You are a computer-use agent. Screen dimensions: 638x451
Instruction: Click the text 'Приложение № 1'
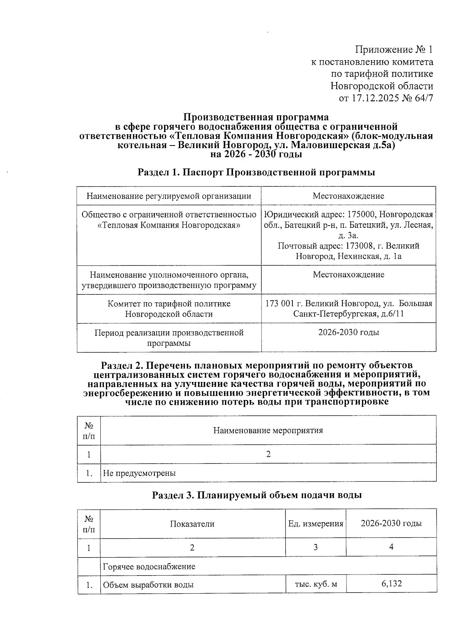394,50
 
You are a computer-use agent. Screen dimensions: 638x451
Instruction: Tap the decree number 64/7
424,99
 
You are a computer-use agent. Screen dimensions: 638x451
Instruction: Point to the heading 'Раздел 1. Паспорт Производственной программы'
256,173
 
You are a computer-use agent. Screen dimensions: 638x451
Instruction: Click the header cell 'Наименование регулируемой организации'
169,196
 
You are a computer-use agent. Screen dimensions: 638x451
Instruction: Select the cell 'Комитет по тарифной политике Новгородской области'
169,309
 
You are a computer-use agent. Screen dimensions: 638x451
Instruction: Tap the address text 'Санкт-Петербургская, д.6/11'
349,314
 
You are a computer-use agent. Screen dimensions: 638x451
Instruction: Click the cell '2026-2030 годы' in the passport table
348,332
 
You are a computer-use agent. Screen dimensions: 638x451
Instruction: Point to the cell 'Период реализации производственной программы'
169,338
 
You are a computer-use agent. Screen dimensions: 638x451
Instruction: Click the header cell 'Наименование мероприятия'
268,430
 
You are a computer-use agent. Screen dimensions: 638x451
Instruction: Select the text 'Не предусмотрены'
139,473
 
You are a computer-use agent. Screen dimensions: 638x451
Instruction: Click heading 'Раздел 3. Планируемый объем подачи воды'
257,495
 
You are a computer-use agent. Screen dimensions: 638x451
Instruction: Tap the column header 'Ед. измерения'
316,524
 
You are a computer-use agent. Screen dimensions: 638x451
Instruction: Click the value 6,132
391,583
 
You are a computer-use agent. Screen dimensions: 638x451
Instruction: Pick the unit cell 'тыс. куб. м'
316,584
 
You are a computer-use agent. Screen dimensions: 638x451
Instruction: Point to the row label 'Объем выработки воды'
148,585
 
